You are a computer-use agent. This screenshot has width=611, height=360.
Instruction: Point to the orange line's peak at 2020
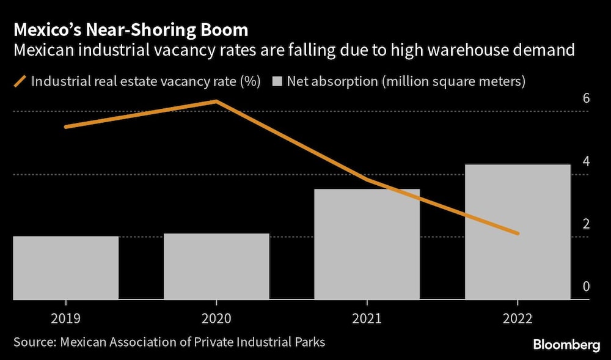click(216, 101)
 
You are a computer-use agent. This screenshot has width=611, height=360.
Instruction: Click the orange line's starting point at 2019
click(65, 127)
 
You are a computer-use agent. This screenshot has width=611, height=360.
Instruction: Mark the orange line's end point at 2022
click(518, 233)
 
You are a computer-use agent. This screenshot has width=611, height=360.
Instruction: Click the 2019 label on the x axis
click(65, 318)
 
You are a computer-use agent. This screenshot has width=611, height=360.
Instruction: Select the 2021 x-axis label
click(367, 318)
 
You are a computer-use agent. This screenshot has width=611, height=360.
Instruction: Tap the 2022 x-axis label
click(518, 318)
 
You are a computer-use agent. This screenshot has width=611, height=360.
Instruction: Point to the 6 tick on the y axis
click(586, 98)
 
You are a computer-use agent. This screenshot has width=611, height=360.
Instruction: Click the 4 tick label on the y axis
click(586, 161)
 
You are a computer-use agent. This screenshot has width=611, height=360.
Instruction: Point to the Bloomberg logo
click(566, 345)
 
